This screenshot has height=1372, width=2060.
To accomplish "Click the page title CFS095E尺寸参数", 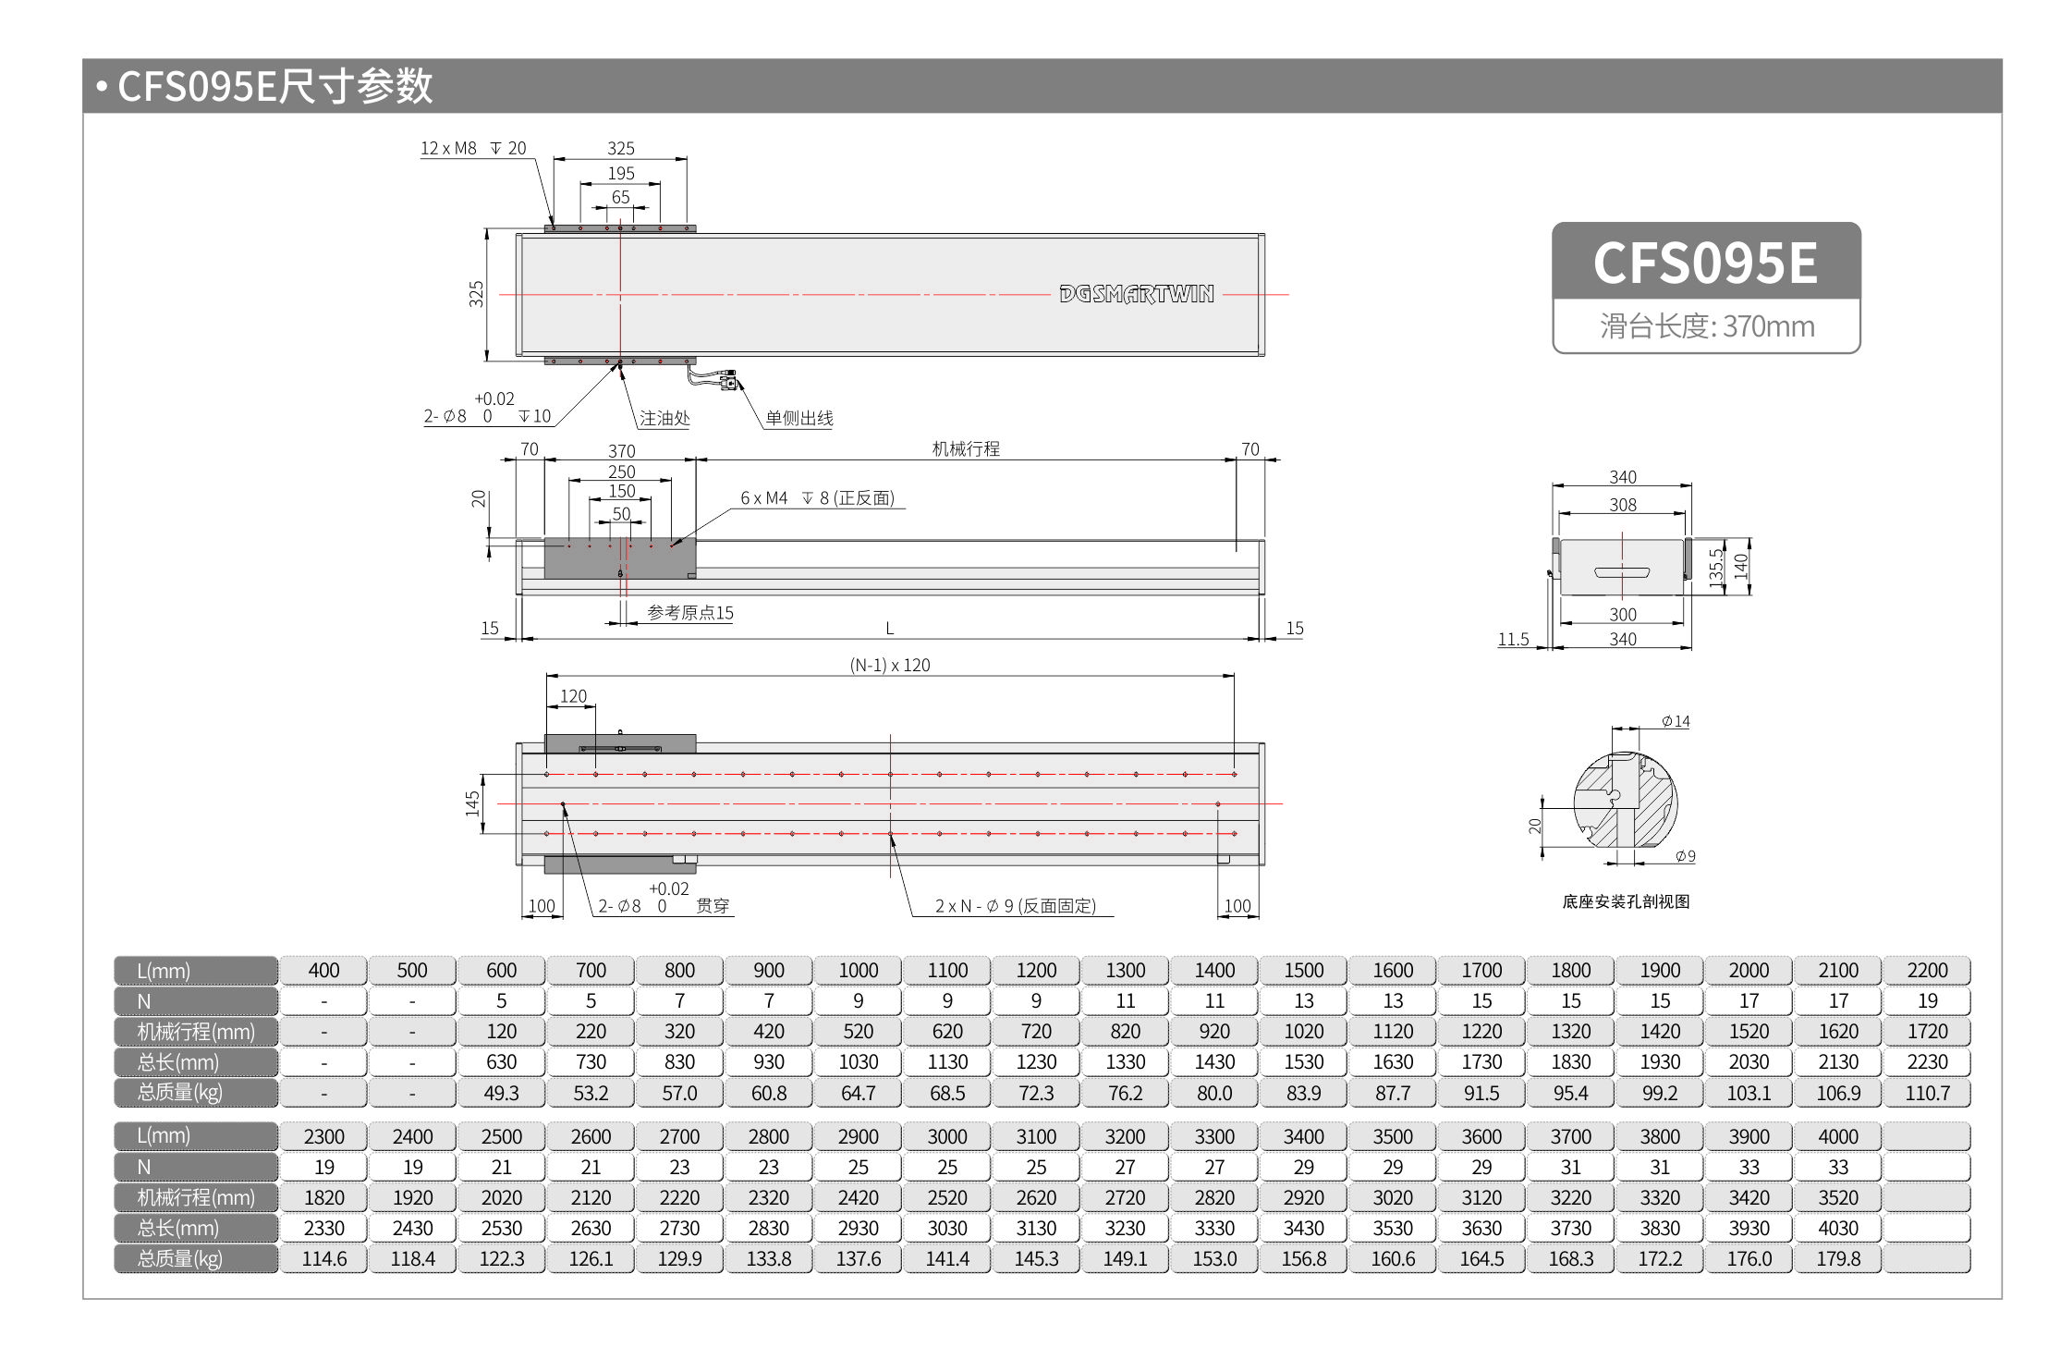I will (274, 86).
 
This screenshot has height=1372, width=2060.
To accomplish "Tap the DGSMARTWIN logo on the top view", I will (1136, 294).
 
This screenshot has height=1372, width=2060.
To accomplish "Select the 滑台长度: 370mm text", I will (1706, 326).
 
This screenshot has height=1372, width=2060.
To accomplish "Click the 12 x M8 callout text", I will (448, 148).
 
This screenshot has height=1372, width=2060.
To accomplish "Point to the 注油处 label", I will (664, 419).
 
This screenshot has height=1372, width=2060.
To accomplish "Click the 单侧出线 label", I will (798, 419).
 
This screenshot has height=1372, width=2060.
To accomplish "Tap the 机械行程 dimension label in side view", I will (965, 449).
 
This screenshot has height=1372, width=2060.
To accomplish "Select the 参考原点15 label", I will (689, 613).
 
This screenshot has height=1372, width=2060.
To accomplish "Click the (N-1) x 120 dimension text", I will (889, 666).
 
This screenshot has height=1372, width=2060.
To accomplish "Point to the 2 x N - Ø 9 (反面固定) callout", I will (1015, 906).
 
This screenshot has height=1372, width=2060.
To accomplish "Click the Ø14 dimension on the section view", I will (1675, 722).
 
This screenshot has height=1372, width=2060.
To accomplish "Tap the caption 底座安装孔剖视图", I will (1625, 901).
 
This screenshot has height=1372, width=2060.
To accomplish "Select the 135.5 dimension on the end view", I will (1715, 567).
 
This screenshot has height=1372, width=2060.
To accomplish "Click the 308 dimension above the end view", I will (1622, 505).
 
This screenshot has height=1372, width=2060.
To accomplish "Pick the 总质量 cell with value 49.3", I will (501, 1093).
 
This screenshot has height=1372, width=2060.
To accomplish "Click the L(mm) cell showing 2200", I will (1926, 971).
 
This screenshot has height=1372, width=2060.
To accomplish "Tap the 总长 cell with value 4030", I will (1837, 1229).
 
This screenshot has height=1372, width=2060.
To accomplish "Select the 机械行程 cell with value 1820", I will (323, 1198).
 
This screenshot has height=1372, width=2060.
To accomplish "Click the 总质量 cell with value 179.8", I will (1837, 1259).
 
